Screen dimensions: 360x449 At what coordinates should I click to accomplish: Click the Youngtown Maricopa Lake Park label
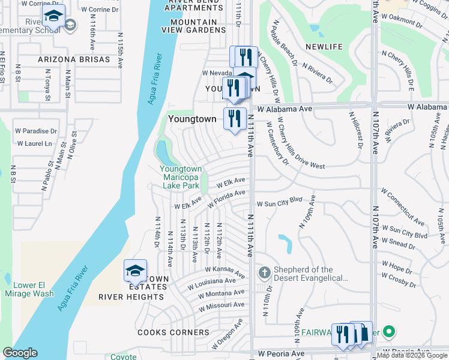(x=181, y=177)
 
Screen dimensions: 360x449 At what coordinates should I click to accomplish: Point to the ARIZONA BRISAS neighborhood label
(x=74, y=59)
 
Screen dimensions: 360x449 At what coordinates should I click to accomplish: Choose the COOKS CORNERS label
(x=173, y=332)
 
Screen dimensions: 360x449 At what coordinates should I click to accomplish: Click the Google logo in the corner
(x=20, y=353)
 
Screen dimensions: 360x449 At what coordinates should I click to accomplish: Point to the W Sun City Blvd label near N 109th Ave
(x=279, y=200)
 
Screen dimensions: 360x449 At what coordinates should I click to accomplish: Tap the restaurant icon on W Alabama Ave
(x=235, y=118)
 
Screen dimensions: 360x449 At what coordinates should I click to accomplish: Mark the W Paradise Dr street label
(x=36, y=130)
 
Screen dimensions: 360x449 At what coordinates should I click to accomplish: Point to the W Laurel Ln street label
(x=35, y=143)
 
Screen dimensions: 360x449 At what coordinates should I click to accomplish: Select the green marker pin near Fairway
(x=388, y=331)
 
